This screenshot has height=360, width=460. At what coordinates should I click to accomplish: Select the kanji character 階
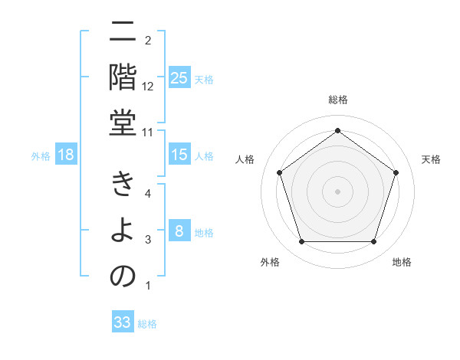pos(123,77)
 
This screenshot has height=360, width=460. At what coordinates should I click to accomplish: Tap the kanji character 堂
pos(123,123)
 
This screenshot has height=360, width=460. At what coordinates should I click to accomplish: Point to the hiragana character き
pos(123,185)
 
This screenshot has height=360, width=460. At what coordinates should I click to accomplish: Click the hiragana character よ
pos(123,231)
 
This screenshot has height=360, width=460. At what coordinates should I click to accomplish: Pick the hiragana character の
pos(123,277)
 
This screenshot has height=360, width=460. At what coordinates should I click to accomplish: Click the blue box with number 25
pos(179,78)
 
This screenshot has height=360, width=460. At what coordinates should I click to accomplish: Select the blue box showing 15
pos(179,155)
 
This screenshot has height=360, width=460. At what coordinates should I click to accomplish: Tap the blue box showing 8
pos(179,232)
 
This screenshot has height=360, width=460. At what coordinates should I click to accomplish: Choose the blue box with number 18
pos(66,155)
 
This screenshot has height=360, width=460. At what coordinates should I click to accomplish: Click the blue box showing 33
pos(123,322)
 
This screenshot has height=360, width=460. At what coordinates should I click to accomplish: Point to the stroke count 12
pos(148,86)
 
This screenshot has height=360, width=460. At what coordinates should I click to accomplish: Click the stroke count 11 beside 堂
pos(148,132)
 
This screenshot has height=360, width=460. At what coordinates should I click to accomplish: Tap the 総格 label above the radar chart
pos(338,100)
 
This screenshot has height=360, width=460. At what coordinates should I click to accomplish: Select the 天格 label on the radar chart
pos(431,159)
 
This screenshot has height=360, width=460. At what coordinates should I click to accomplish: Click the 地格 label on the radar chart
pos(402,262)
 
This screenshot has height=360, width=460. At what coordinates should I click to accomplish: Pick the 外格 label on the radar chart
pos(270,262)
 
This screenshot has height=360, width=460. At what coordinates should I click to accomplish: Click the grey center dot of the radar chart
pos(337,191)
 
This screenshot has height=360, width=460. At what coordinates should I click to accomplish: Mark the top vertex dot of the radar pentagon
pos(337,131)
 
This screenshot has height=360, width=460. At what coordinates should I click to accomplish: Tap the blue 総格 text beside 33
pos(147,324)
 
